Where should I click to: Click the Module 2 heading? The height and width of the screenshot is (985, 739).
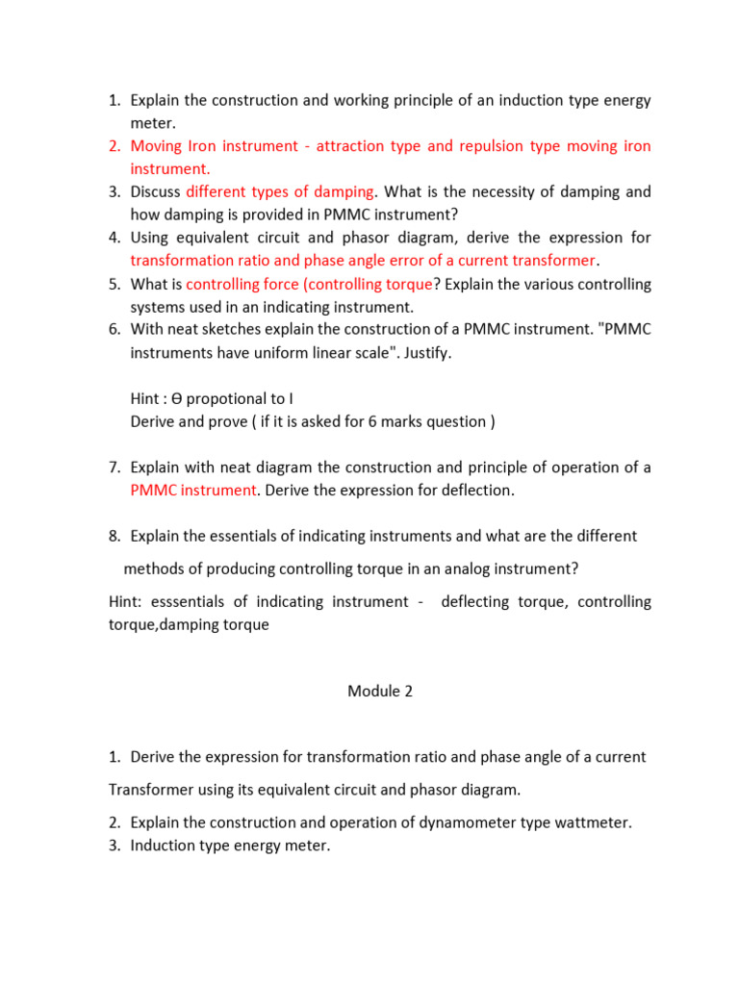click(380, 692)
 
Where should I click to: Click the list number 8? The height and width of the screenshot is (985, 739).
click(114, 536)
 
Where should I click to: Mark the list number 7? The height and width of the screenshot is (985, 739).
click(114, 467)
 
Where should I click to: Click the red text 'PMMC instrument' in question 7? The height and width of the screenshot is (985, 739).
click(193, 491)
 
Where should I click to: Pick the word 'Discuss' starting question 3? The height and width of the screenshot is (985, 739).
click(156, 191)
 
